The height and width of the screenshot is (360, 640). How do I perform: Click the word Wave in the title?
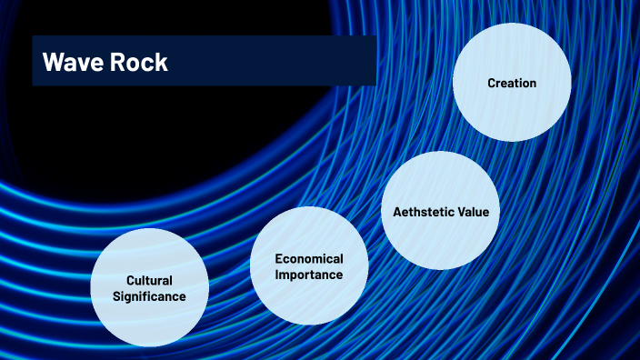pyautogui.click(x=71, y=63)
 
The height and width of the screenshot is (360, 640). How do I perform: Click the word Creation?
pyautogui.click(x=512, y=83)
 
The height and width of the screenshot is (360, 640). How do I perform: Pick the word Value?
pyautogui.click(x=474, y=212)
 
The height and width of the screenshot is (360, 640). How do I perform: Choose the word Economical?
pyautogui.click(x=309, y=259)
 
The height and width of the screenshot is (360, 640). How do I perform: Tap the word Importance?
pyautogui.click(x=309, y=275)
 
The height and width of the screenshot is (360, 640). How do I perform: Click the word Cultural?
pyautogui.click(x=150, y=281)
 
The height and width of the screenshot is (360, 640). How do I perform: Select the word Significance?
pyautogui.click(x=150, y=296)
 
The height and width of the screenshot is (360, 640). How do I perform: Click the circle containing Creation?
pyautogui.click(x=512, y=109)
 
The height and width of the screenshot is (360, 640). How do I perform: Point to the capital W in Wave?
pyautogui.click(x=52, y=63)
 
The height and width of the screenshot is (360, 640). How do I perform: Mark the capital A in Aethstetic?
pyautogui.click(x=396, y=212)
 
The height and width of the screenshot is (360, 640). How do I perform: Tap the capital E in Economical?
pyautogui.click(x=278, y=259)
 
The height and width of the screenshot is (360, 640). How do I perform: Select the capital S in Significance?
pyautogui.click(x=116, y=296)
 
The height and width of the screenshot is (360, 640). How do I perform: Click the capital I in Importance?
pyautogui.click(x=277, y=275)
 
